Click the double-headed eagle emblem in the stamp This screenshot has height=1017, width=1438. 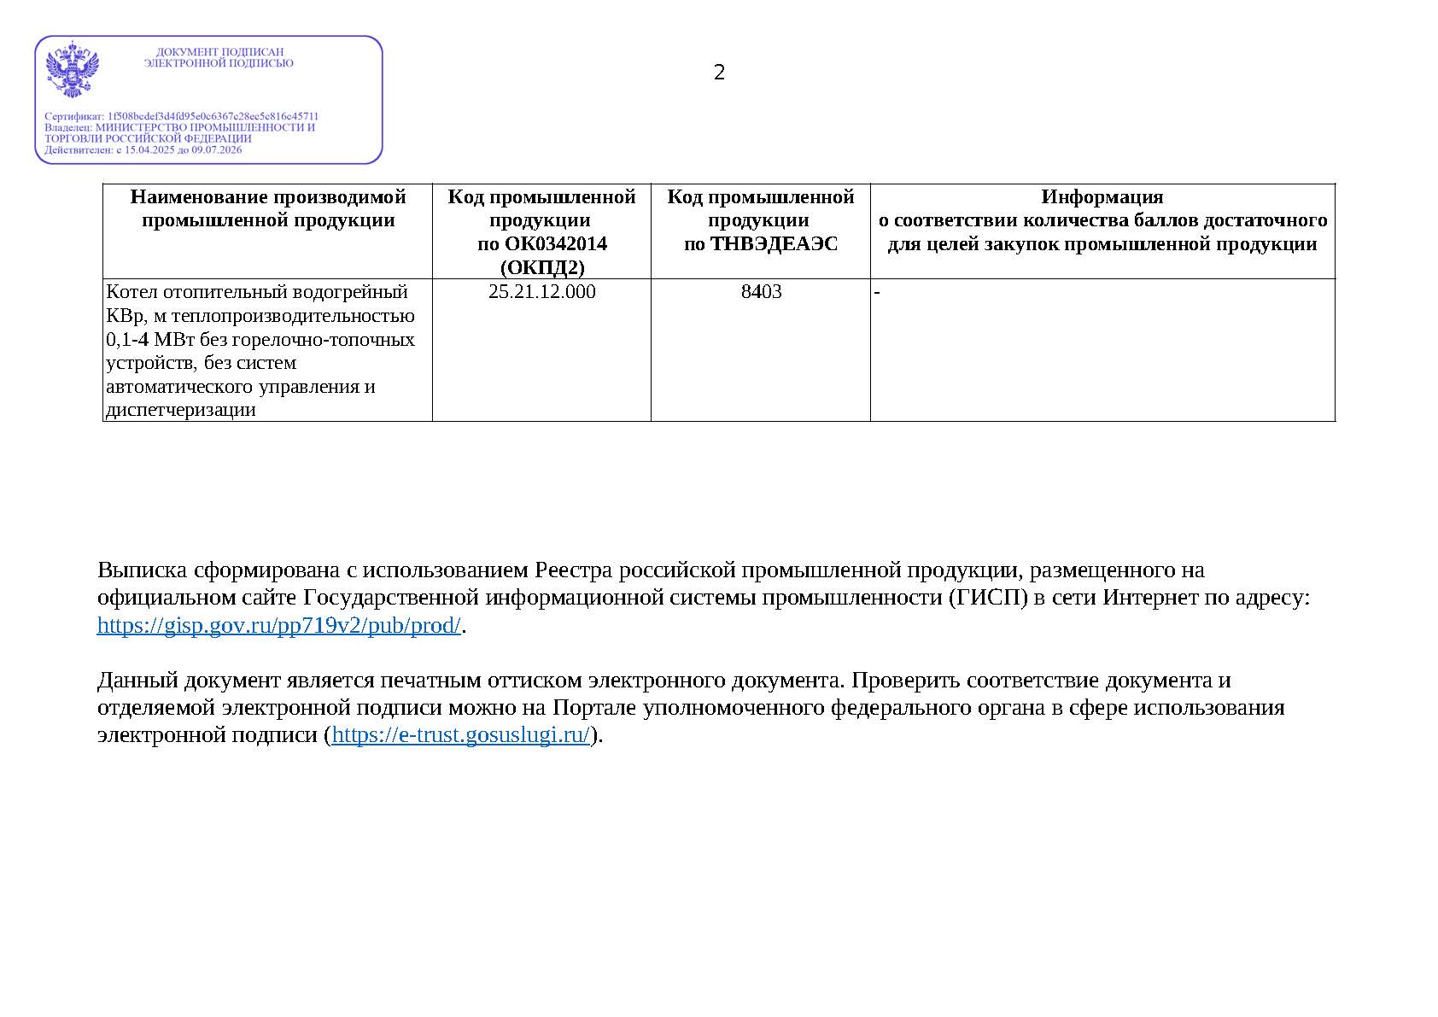[73, 68]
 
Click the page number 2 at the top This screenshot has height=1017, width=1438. [719, 73]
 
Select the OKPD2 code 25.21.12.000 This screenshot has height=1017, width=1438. [541, 292]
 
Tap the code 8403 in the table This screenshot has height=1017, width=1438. [761, 292]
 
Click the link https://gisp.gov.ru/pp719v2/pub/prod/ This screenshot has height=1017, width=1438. [279, 625]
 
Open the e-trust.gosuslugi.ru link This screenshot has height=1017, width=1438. [460, 734]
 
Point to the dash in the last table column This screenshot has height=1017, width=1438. [877, 293]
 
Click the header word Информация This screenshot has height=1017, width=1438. [1102, 197]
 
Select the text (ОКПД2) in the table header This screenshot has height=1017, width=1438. [541, 268]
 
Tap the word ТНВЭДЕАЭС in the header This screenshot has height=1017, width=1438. [774, 244]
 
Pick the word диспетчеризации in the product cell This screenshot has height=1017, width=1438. [181, 410]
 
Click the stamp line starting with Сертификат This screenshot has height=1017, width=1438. [181, 116]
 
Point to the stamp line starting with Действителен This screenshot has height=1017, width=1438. [143, 149]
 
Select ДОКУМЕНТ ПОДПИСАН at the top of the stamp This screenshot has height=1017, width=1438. [219, 52]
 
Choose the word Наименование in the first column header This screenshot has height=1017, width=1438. [197, 197]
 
